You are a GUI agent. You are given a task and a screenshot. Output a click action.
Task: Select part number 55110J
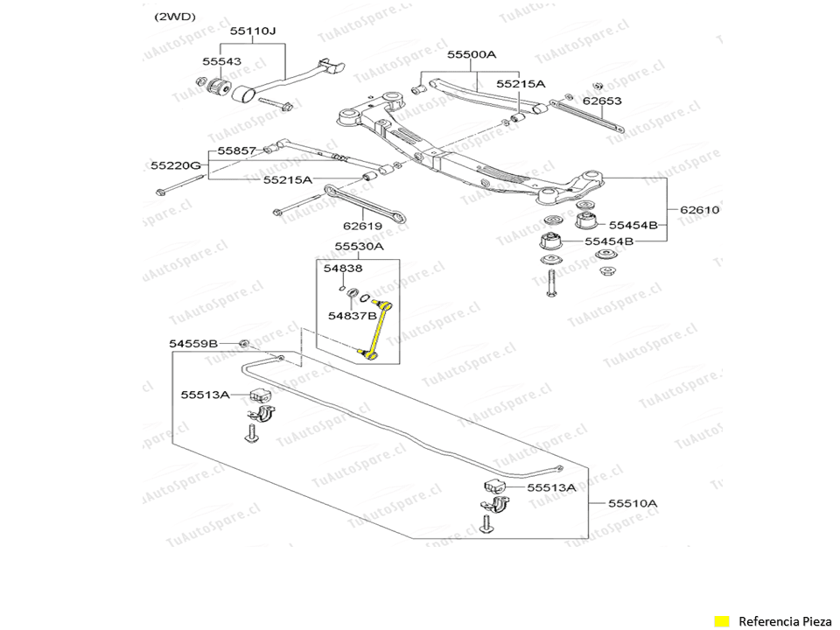pos(253,31)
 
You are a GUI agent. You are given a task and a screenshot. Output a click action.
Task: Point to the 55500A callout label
pos(472,54)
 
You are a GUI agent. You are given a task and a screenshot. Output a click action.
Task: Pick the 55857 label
pos(236,150)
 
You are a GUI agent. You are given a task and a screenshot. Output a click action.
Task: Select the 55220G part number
pos(175,164)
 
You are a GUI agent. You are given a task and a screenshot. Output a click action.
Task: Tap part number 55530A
pos(359,247)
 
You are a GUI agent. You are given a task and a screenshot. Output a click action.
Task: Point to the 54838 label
pos(343,268)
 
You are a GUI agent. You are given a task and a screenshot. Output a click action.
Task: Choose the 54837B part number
pos(353,315)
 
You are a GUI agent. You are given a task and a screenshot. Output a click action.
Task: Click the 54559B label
pos(193,344)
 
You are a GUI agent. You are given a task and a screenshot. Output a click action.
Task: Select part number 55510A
pos(633,503)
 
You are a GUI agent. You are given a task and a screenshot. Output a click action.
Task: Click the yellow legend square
pos(722,621)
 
